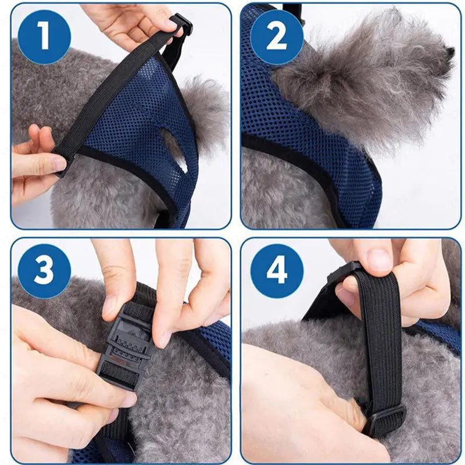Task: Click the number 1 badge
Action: pos(44,37)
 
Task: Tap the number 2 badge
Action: pos(277,37)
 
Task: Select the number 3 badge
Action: pos(44,271)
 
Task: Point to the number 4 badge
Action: pos(277,271)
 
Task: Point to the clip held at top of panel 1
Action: pos(180,26)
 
